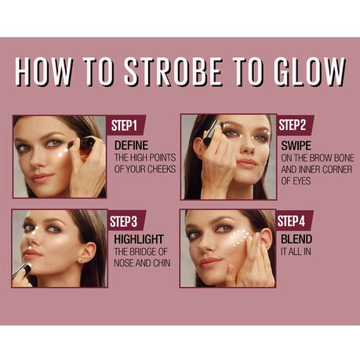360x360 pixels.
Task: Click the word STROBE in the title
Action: coord(173,71)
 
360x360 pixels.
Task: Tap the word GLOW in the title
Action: coord(310,71)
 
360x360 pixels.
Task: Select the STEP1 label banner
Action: coord(125,125)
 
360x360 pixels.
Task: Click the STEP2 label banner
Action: coord(294,125)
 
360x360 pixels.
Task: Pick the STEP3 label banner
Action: coord(125,220)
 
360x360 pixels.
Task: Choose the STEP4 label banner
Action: coord(293,220)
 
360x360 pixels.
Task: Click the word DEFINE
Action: coord(131,145)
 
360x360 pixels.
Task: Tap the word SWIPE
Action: coord(296,146)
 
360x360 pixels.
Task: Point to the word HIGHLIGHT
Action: coord(139,239)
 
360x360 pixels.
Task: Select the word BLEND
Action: coord(296,239)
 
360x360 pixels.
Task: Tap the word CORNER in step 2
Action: coord(337,169)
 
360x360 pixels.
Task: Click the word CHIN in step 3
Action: coord(162,263)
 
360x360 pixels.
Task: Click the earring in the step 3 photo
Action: coord(82,260)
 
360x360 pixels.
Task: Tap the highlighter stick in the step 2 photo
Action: coord(213,132)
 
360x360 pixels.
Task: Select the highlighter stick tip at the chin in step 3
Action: coord(27,266)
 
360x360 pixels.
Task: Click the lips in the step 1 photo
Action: coord(42,177)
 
